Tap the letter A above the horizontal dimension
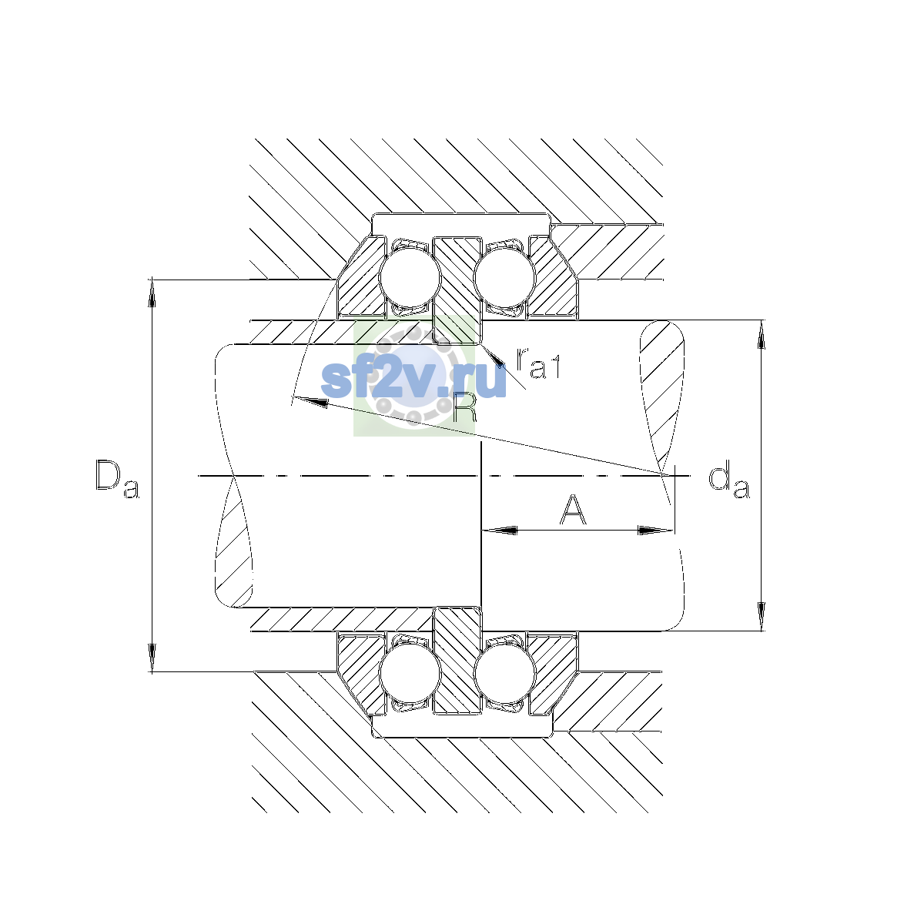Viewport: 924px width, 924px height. (x=573, y=509)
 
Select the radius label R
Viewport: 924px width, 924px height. (x=464, y=407)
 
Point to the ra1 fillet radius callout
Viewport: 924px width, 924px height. (x=537, y=363)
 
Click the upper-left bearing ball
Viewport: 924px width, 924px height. (x=410, y=277)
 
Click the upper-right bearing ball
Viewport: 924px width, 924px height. (x=504, y=277)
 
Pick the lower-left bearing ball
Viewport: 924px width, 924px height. (x=410, y=673)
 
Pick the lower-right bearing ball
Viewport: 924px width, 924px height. (x=504, y=673)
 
